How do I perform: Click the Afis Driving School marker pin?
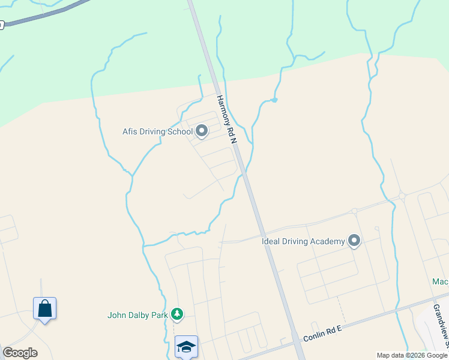[202, 131]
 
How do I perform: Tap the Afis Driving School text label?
[157, 131]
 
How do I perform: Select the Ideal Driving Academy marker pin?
[354, 241]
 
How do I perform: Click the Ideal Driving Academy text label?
[303, 241]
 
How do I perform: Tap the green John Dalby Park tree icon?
[176, 314]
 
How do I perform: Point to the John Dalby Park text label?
[137, 314]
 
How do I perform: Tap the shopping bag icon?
[44, 309]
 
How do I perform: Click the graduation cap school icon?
[186, 346]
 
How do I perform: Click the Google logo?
[20, 353]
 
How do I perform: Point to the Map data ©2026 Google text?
[412, 355]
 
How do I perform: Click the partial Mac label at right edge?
[441, 281]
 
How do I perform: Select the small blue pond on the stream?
[274, 100]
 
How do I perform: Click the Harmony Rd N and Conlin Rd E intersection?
[297, 340]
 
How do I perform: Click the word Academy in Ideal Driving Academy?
[327, 241]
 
